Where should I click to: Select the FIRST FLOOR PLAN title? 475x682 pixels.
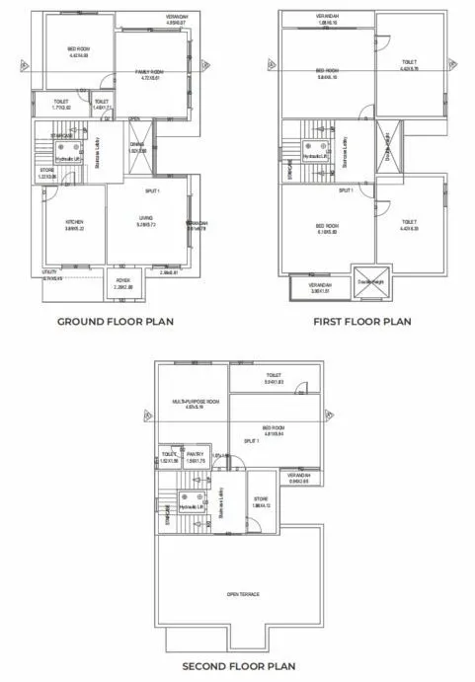point(360,321)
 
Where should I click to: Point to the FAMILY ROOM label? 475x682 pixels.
point(148,72)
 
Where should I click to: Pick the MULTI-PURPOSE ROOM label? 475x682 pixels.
point(195,403)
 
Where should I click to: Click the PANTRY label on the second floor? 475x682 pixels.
point(195,454)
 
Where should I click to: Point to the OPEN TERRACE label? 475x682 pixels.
point(242,593)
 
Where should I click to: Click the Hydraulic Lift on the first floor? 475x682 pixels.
point(314,156)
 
